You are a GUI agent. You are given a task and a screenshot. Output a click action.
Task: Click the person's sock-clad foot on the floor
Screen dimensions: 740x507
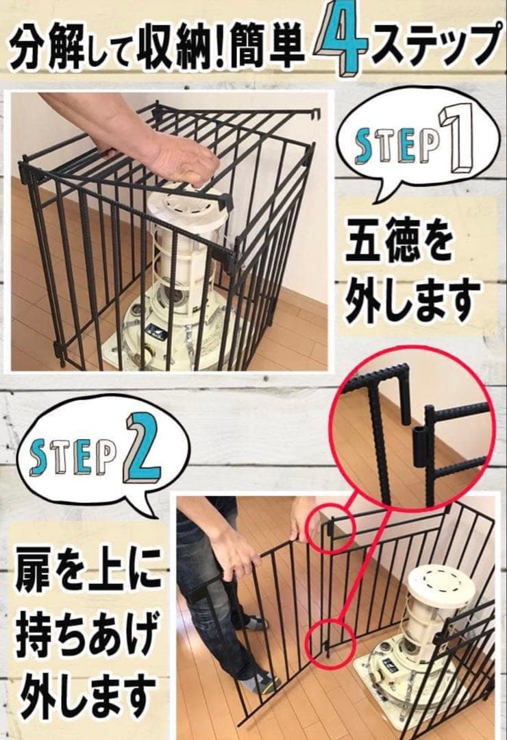(263, 682)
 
